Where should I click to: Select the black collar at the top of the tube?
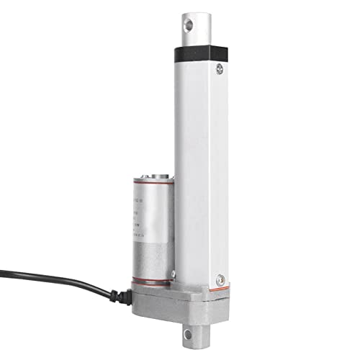tap(199, 53)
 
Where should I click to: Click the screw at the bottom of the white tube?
tap(220, 278)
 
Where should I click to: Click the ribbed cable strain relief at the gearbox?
tap(120, 293)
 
